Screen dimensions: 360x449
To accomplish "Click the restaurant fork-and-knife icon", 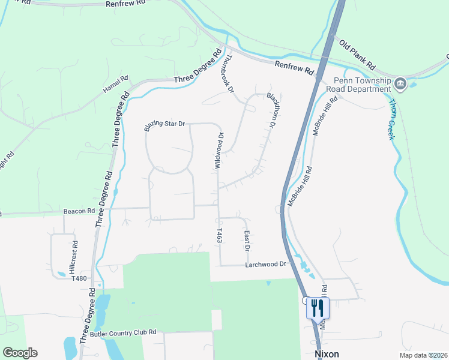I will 318,308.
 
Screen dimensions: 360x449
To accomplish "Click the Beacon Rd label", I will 79,211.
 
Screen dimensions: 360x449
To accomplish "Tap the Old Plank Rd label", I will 357,55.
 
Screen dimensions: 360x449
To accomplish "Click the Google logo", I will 20,353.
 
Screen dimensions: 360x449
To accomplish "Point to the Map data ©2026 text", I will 424,355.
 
